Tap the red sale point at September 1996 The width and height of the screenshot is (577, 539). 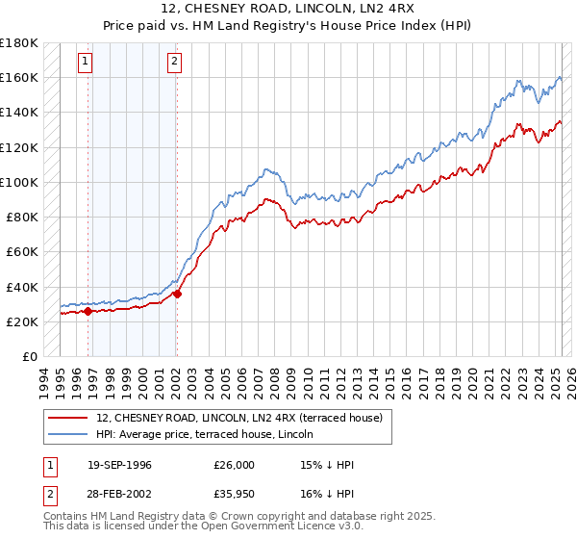point(88,311)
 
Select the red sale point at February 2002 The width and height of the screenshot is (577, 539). point(177,294)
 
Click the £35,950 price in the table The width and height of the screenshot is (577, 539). point(234,495)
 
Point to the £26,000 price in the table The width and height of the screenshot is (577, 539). point(234,466)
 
